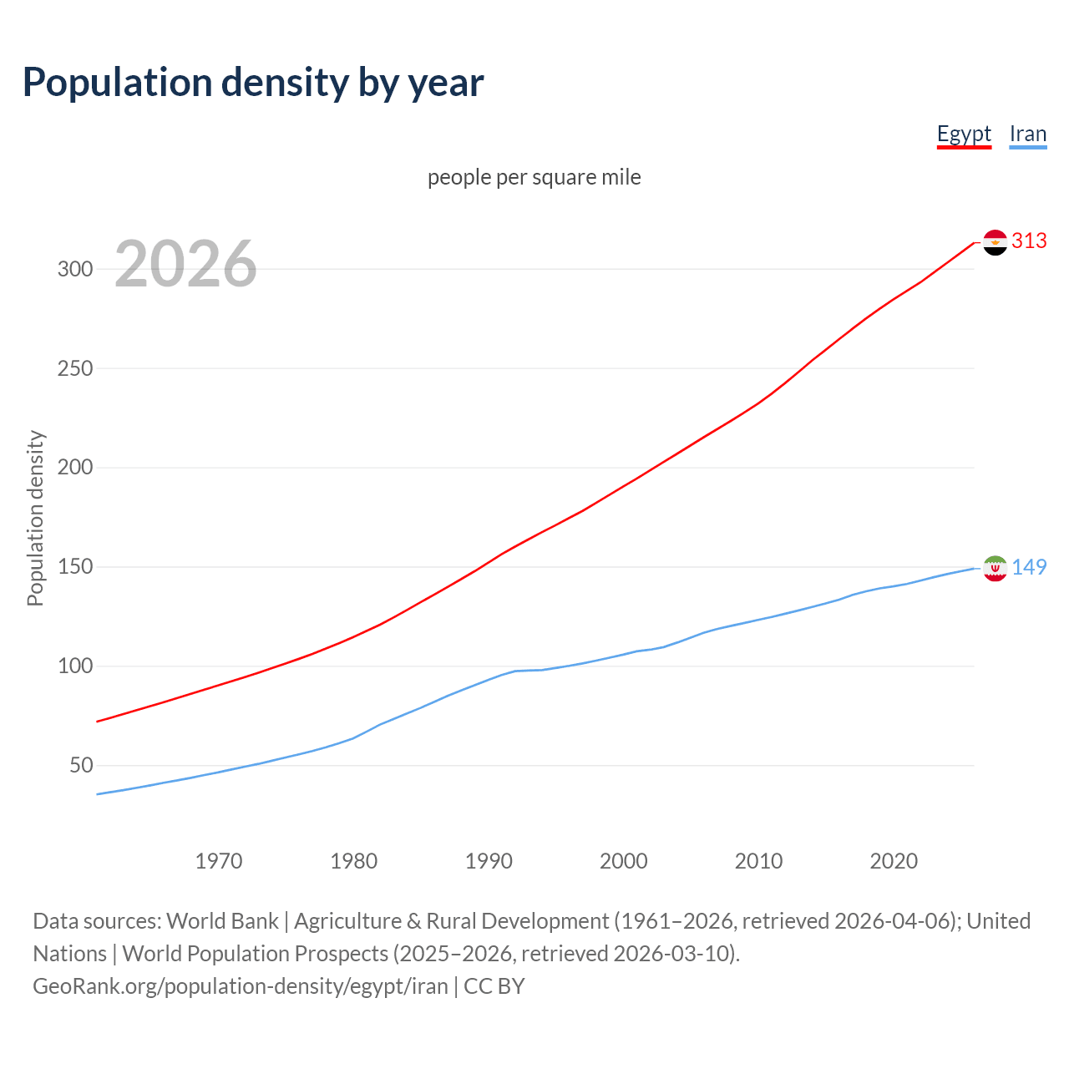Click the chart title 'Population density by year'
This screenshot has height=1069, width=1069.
(253, 82)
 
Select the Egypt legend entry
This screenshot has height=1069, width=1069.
(964, 134)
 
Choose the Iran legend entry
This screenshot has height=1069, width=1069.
(1027, 134)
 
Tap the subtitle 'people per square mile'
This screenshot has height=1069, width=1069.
(534, 177)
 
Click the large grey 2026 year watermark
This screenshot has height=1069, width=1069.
(185, 264)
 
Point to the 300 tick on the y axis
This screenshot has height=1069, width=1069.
(74, 269)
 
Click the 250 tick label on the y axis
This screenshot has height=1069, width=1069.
(74, 368)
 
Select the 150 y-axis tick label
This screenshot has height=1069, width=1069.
(74, 567)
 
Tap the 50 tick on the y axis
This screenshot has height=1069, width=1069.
(80, 765)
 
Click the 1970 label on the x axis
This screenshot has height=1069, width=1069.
(219, 861)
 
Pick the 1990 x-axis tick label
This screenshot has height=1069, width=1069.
(489, 861)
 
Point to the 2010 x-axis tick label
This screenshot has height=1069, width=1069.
(758, 861)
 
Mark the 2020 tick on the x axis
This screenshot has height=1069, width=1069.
(894, 861)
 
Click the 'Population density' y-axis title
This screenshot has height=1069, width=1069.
(35, 518)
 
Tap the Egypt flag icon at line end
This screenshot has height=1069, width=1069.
(995, 242)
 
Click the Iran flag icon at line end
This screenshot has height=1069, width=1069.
(995, 568)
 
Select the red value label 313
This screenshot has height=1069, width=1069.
(1029, 241)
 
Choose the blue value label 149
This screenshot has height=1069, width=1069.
(1029, 567)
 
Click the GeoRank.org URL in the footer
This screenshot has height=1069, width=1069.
(241, 986)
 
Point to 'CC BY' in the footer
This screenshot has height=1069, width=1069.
(494, 986)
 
